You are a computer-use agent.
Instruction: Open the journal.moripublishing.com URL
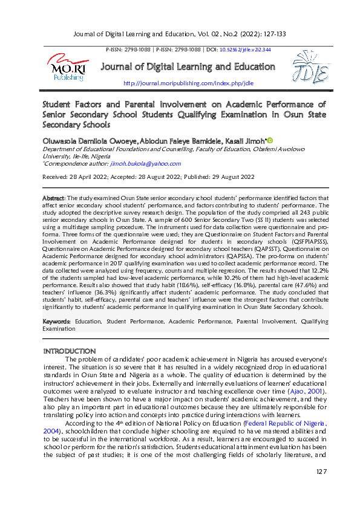tap(188, 82)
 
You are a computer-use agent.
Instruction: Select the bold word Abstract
tap(53, 198)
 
